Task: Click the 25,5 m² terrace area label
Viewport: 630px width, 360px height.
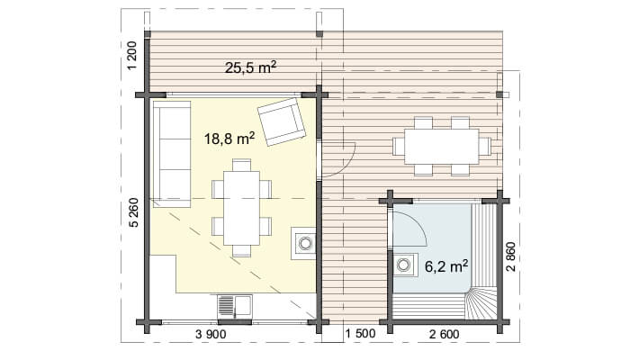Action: coord(250,67)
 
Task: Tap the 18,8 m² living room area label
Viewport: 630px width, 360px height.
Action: coord(229,139)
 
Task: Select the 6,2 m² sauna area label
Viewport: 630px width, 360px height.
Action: coord(446,265)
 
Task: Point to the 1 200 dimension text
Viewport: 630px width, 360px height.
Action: coord(132,56)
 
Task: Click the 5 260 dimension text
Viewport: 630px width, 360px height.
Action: coord(134,212)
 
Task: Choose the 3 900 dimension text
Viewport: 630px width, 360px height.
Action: coord(211,334)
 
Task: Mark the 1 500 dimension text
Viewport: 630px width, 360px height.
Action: coord(360,333)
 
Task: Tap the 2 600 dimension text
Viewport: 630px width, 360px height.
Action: coord(444,334)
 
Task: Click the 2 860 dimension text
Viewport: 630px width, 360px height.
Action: coord(510,256)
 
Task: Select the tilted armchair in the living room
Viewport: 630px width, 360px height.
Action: coord(281,121)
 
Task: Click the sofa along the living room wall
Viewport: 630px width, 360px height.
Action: coord(172,154)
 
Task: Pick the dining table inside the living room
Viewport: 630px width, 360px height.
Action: coord(241,208)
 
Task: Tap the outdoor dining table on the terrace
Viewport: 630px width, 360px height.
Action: coord(442,146)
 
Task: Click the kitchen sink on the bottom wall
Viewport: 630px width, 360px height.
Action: coord(235,308)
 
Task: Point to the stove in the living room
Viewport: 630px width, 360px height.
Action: coord(303,243)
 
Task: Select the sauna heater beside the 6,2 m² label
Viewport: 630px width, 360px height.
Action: coord(405,265)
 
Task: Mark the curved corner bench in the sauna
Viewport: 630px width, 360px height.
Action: coord(481,304)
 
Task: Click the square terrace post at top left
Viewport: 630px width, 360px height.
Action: coord(147,34)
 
